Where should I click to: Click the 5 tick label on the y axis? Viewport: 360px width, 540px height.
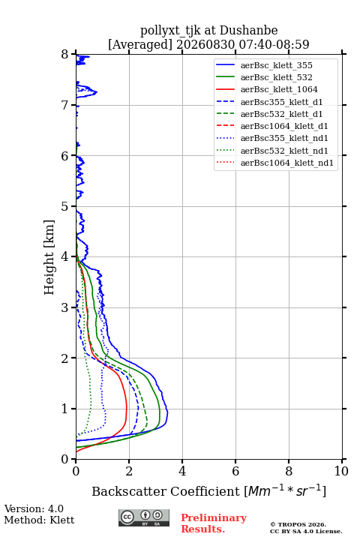tap(64, 207)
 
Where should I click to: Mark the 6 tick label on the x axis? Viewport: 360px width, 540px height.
tap(235, 471)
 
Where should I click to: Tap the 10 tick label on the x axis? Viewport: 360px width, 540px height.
tap(341, 471)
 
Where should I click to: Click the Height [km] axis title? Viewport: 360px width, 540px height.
tap(49, 257)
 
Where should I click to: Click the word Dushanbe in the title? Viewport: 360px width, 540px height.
tap(248, 31)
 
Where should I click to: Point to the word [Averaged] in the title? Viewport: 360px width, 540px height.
tap(140, 44)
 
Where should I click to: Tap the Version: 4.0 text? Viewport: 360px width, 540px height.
tap(34, 509)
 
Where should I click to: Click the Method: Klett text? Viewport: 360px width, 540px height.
tap(39, 520)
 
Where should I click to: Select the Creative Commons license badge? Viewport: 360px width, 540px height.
tap(144, 518)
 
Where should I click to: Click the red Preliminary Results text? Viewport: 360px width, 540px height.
tap(214, 523)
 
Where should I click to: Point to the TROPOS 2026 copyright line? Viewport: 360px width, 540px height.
tap(298, 524)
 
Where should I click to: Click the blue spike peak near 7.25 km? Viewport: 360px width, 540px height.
tap(97, 92)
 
